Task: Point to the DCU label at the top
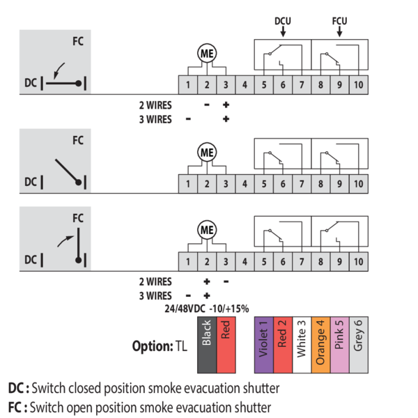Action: tap(282, 21)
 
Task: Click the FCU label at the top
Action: tap(340, 21)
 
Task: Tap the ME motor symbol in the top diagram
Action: tap(207, 53)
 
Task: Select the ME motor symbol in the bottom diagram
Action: tap(207, 229)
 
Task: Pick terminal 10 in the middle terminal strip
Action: tap(358, 184)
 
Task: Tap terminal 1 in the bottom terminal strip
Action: tap(187, 261)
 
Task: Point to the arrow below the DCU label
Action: tap(282, 32)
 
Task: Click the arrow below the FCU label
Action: tap(340, 32)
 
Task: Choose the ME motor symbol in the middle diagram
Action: tap(207, 152)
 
